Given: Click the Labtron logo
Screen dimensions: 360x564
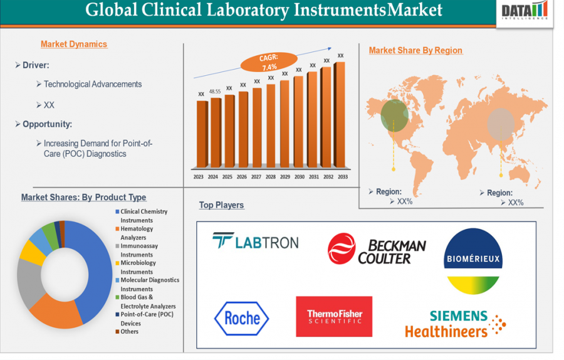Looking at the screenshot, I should (255, 241).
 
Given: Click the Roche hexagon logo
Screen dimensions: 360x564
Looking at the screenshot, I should (241, 319).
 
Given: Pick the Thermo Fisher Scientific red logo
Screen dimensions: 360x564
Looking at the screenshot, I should (334, 317).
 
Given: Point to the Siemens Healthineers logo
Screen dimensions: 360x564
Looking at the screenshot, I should (455, 323).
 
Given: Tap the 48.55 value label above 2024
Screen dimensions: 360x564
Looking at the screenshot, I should (215, 92).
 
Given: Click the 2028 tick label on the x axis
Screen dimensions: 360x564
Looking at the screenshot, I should (271, 177).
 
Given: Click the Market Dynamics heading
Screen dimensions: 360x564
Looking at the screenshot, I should (74, 45).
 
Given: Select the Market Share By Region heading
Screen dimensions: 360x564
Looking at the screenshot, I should (415, 51).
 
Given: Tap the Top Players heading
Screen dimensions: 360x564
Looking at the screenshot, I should (221, 205).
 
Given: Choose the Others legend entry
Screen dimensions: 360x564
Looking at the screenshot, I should (130, 332).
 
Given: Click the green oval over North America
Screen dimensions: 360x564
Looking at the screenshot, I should (394, 114).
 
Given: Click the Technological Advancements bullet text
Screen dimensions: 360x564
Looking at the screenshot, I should (93, 84).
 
